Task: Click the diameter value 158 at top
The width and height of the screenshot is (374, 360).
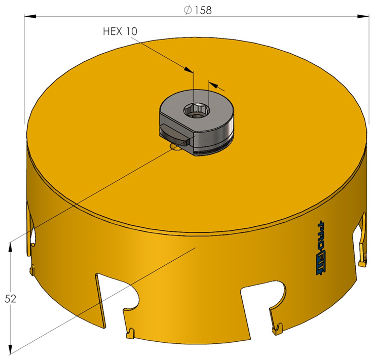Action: tap(203, 11)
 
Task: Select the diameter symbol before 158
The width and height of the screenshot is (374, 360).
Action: tap(188, 10)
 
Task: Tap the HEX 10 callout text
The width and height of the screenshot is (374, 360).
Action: tap(120, 31)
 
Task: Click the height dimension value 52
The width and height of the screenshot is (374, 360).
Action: tap(10, 299)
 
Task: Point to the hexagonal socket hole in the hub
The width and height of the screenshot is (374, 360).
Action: tap(195, 110)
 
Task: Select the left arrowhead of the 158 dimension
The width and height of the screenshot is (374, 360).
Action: tap(30, 16)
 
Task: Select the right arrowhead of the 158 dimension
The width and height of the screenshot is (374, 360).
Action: tap(363, 16)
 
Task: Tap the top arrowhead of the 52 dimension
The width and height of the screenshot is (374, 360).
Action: tap(10, 248)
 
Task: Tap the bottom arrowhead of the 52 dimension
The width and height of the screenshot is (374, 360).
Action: tap(10, 350)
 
